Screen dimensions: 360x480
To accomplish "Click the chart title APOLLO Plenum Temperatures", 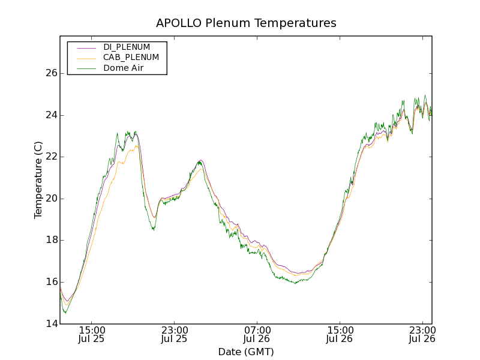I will (246, 23).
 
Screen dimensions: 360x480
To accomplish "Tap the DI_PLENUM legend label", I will (127, 47).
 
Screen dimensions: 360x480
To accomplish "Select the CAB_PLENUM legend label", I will (131, 58).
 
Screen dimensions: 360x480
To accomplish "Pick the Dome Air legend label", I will (123, 68).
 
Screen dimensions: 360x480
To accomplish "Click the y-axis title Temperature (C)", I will (38, 180).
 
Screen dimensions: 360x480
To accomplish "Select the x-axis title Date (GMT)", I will (246, 352).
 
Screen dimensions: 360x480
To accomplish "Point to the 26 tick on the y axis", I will (51, 73).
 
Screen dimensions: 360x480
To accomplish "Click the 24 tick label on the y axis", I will (51, 115).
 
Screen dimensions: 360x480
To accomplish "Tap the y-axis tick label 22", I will (51, 157).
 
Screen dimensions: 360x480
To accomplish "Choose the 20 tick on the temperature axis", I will (51, 199).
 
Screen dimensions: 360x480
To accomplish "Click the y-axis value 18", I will (51, 240).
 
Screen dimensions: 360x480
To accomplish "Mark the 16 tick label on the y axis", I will (51, 282).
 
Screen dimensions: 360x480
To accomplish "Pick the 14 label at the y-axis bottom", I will (51, 324).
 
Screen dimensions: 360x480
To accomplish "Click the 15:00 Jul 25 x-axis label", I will (92, 334).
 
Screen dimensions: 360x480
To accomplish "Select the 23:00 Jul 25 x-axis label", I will (174, 334).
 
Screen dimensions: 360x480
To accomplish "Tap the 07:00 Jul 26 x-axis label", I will (257, 334).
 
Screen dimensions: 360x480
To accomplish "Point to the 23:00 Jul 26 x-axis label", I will (422, 334).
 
